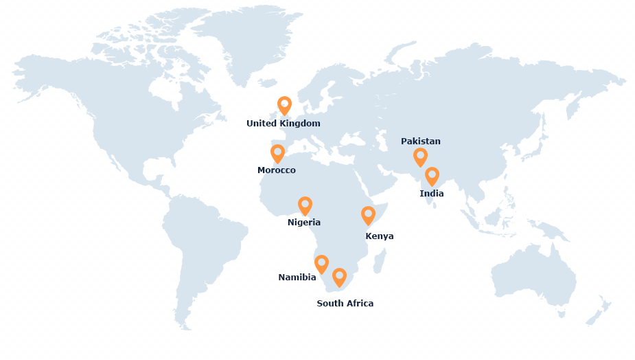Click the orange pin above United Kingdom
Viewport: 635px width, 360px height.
[284, 105]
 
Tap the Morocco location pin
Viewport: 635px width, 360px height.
[277, 153]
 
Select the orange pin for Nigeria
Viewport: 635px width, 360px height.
[305, 205]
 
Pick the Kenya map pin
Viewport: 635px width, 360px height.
[368, 214]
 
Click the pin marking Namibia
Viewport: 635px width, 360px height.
[321, 263]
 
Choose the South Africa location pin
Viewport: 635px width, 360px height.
[339, 276]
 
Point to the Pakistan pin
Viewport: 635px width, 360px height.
[420, 156]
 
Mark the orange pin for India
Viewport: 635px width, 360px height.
[432, 175]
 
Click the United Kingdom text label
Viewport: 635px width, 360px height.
[284, 124]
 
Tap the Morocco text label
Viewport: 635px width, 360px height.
[277, 170]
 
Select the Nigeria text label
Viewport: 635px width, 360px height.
[304, 223]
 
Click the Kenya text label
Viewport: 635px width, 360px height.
[380, 236]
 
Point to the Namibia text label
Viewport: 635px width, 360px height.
[297, 278]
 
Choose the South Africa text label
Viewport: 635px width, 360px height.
[345, 304]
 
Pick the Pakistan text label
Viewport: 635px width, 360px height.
[421, 142]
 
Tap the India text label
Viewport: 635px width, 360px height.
[432, 194]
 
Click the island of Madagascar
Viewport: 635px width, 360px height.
[380, 261]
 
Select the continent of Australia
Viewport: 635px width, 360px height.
[532, 275]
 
